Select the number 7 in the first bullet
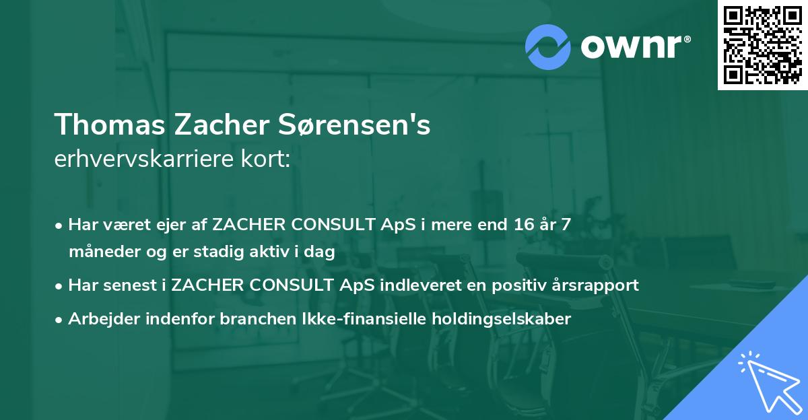click(566, 224)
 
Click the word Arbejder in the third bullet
click(99, 319)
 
